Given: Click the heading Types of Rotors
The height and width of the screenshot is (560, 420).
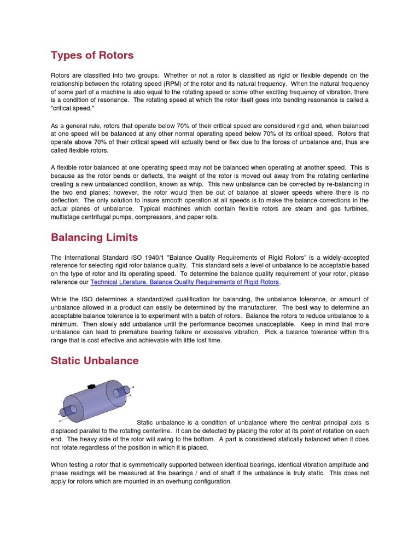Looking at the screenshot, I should (x=92, y=55).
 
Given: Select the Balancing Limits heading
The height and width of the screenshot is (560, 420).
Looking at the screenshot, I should (x=94, y=237).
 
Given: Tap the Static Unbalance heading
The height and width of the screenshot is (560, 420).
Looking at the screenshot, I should (x=95, y=360).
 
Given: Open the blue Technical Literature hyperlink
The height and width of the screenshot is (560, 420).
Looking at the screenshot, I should (x=185, y=282).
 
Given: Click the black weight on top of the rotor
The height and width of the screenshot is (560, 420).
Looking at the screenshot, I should (x=91, y=387).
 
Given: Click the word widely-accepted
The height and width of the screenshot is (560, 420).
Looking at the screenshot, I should (x=342, y=258).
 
